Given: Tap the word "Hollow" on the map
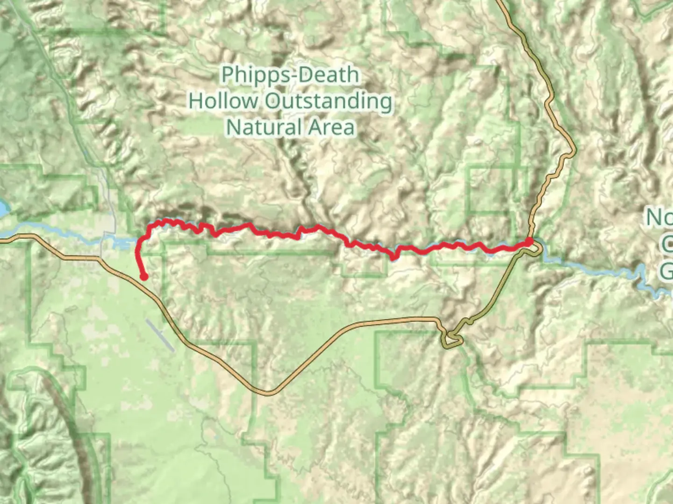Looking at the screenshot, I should click(223, 101).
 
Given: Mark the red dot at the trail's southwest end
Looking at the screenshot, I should click(144, 277).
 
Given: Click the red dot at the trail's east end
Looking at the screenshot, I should click(529, 241).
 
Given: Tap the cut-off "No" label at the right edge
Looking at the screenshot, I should click(660, 217).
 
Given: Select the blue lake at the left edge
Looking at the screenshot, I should click(3, 209).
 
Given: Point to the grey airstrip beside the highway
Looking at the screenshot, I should click(159, 334).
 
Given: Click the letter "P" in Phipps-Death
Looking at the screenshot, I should click(227, 75).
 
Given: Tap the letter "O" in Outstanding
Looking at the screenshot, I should click(273, 101).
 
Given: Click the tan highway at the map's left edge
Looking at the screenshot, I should click(3, 241).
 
